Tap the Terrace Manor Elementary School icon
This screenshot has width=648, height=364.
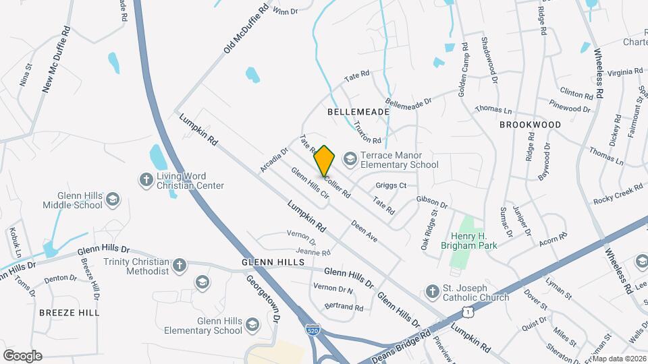350,159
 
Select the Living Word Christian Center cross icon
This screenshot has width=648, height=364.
145,180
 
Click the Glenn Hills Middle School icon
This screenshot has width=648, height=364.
113,200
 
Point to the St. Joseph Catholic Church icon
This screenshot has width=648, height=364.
432,291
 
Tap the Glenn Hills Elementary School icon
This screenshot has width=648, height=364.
252,325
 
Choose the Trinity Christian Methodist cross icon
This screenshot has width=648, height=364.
179,266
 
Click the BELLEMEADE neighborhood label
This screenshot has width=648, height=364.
358,111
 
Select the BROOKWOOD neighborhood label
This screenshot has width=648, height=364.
530,125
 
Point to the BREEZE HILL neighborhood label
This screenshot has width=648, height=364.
69,313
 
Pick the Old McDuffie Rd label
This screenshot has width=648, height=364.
246,29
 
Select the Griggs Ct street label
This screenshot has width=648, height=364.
391,185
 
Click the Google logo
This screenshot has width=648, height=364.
22,356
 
